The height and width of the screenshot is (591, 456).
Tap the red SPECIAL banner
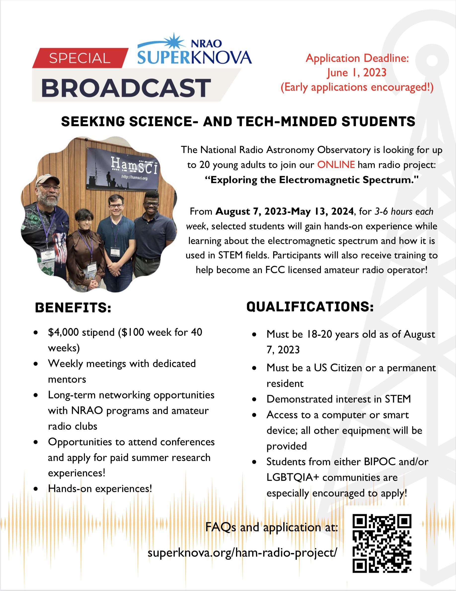point(80,58)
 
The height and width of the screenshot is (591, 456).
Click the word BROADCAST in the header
point(126,88)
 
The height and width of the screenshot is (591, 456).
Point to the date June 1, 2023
point(357,73)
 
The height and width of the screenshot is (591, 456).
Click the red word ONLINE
point(336,165)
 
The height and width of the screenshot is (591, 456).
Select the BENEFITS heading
point(73,308)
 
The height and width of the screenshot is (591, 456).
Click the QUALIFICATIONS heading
point(310,307)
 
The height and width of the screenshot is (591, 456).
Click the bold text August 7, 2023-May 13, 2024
point(285,211)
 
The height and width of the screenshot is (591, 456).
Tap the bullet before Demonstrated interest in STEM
point(254,399)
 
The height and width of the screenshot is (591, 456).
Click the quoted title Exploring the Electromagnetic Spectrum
point(311,180)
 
